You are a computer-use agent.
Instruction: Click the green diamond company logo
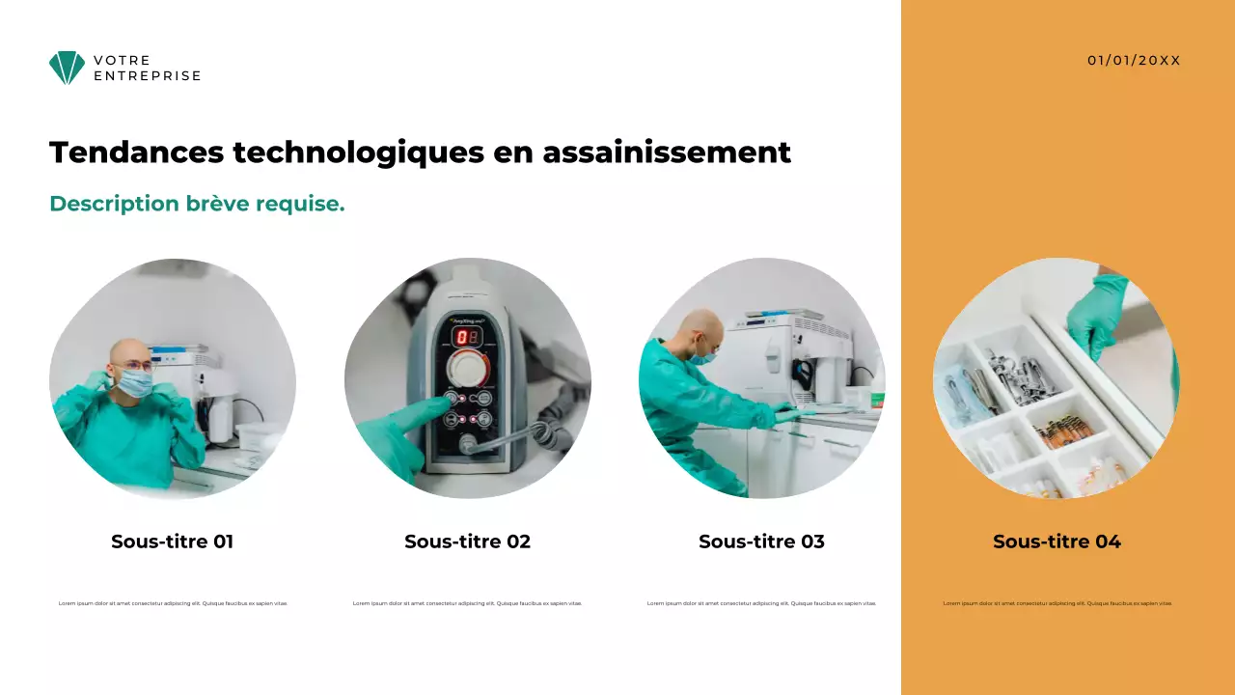67,68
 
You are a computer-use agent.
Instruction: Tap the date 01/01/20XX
1134,60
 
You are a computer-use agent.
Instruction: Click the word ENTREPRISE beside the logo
147,75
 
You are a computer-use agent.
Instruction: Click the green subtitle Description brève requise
197,204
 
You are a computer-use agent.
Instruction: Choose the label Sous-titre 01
172,542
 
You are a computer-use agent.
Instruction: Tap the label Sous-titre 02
467,542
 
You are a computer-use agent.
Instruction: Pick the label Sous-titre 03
761,542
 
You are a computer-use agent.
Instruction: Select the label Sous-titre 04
1057,542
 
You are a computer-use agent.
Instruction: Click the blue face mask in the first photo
135,382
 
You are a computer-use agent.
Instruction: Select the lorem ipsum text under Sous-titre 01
173,603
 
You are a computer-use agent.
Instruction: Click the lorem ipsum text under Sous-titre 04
1057,603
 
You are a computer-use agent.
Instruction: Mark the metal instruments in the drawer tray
1021,375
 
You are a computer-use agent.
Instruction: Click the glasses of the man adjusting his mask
137,366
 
